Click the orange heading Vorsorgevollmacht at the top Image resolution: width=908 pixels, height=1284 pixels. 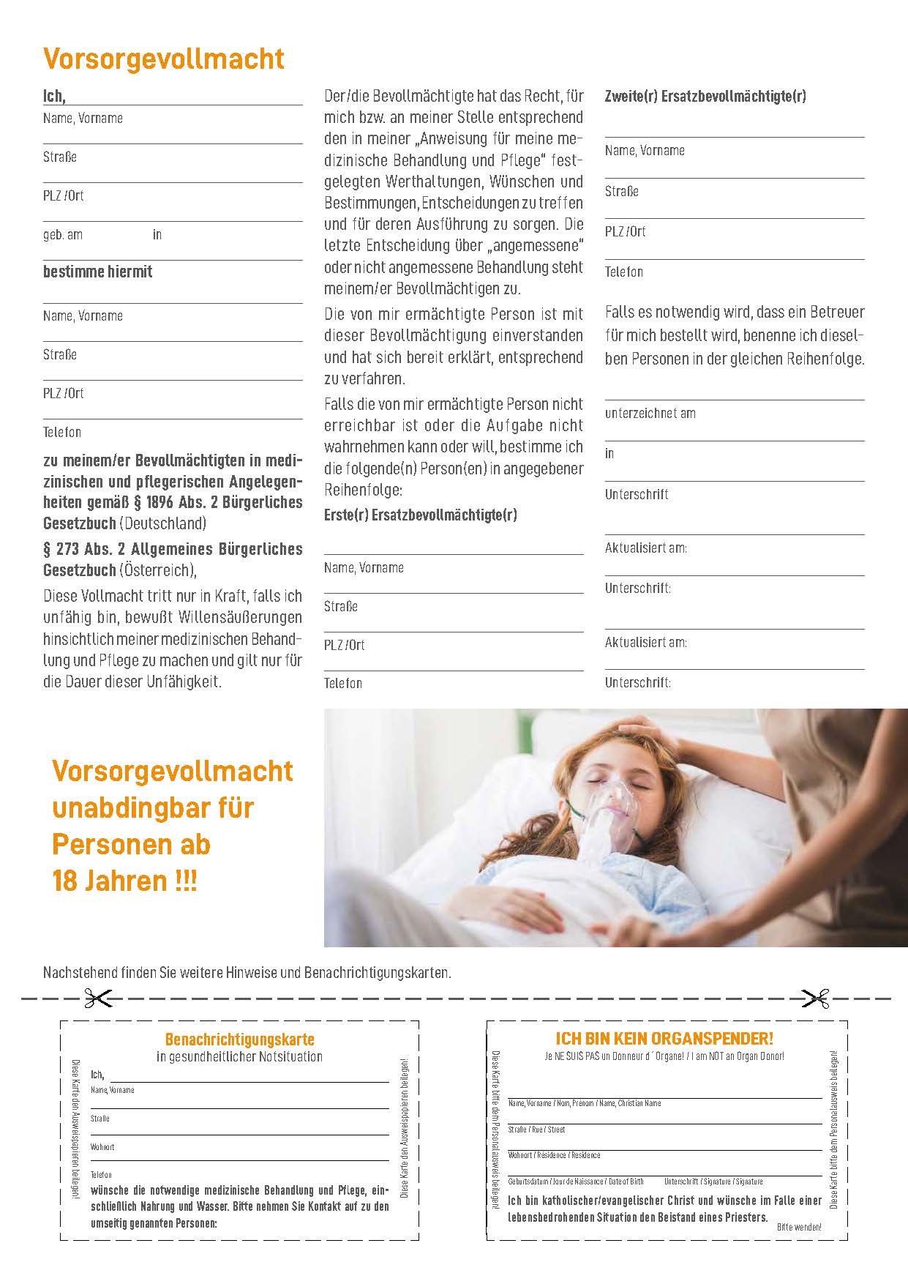pyautogui.click(x=164, y=59)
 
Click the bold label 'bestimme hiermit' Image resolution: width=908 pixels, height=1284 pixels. pyautogui.click(x=97, y=272)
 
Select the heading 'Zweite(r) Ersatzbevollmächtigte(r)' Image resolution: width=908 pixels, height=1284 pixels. pyautogui.click(x=705, y=96)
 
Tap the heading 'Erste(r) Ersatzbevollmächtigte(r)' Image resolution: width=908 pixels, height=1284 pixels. pyautogui.click(x=420, y=515)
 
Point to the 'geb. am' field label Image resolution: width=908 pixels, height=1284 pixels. pyautogui.click(x=63, y=235)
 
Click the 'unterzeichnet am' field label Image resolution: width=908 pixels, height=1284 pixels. pyautogui.click(x=650, y=414)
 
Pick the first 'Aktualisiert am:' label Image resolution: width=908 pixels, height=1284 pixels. pyautogui.click(x=645, y=548)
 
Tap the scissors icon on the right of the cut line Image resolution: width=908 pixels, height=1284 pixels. pyautogui.click(x=814, y=998)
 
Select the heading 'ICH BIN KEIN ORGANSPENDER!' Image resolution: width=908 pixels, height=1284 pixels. pyautogui.click(x=664, y=1039)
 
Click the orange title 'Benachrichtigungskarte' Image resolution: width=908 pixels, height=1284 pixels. pyautogui.click(x=239, y=1039)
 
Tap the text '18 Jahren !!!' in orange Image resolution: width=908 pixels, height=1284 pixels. pyautogui.click(x=124, y=881)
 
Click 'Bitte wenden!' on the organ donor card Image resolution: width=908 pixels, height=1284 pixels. pyautogui.click(x=799, y=1227)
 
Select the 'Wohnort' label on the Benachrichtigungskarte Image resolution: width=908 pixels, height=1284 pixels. pyautogui.click(x=102, y=1147)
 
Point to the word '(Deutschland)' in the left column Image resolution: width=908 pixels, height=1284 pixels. pyautogui.click(x=162, y=523)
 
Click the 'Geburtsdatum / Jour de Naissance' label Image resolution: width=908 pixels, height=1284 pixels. pyautogui.click(x=576, y=1182)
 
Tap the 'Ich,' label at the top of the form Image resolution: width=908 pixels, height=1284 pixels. pyautogui.click(x=54, y=96)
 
